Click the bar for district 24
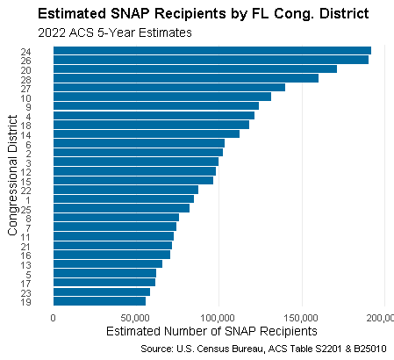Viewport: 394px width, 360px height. pyautogui.click(x=211, y=50)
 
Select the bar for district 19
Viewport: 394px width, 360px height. pyautogui.click(x=99, y=300)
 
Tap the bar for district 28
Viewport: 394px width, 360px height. pyautogui.click(x=185, y=78)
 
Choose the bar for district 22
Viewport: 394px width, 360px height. pyautogui.click(x=125, y=189)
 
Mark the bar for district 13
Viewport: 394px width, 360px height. pyautogui.click(x=107, y=263)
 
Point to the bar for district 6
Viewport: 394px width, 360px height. pyautogui.click(x=139, y=143)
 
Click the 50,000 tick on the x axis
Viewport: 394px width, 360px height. pyautogui.click(x=136, y=317)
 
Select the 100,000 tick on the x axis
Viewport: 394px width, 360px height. pyautogui.click(x=218, y=317)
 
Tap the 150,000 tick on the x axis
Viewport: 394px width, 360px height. pyautogui.click(x=301, y=317)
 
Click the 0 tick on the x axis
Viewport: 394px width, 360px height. pyautogui.click(x=54, y=317)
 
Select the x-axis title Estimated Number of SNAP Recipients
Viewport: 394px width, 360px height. pyautogui.click(x=211, y=332)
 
